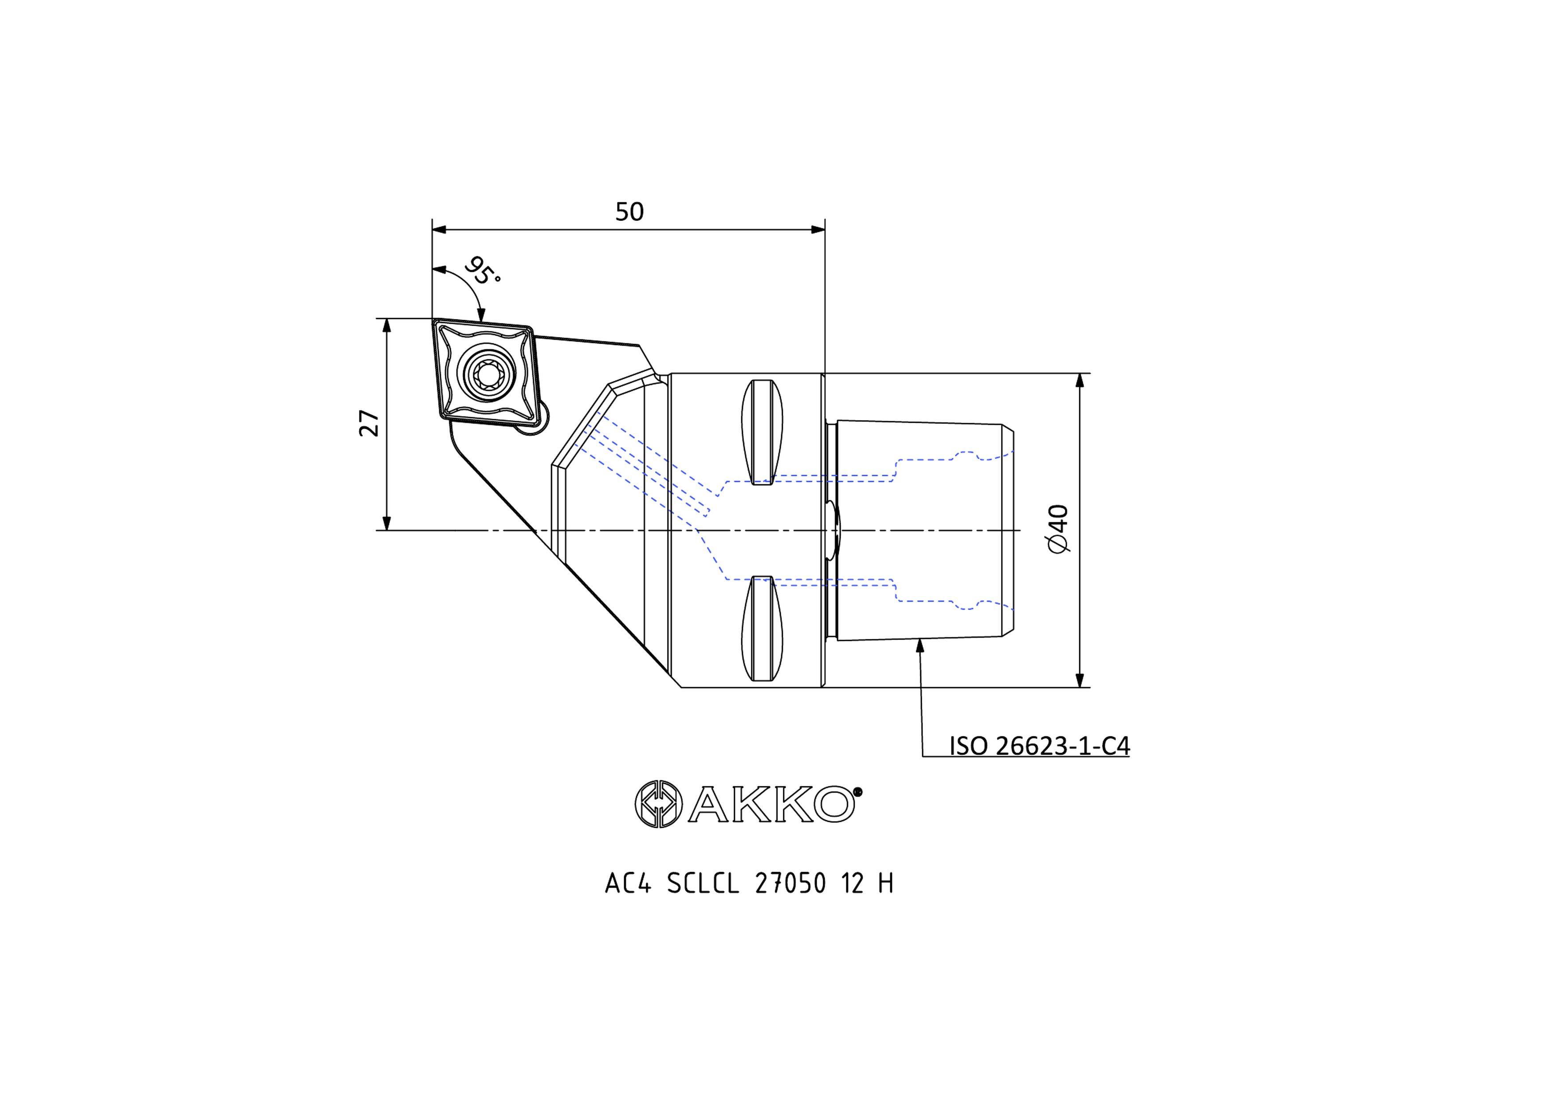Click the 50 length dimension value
pos(629,212)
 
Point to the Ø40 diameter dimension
pos(1058,529)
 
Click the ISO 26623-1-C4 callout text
pos(1039,746)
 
